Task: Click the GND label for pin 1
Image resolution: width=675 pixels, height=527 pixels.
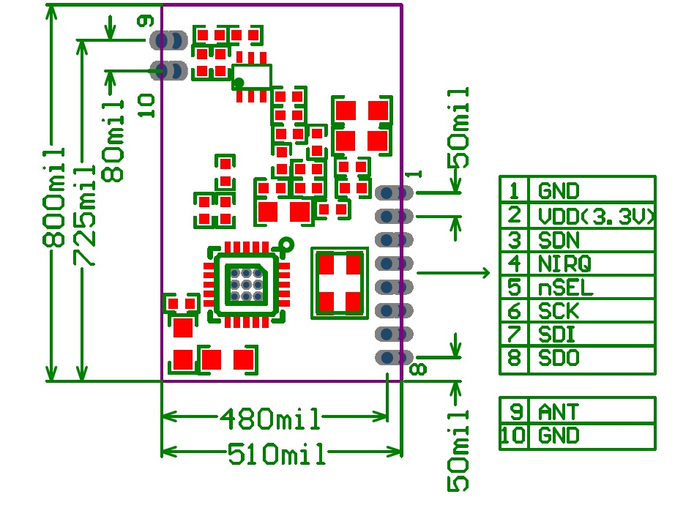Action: pyautogui.click(x=559, y=192)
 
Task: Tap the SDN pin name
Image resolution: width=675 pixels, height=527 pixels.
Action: pyautogui.click(x=559, y=240)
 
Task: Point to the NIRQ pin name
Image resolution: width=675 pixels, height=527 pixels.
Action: pyautogui.click(x=564, y=263)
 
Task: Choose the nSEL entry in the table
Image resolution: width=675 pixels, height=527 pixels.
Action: pyautogui.click(x=565, y=287)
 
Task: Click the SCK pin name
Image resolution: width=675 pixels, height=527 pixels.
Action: pyautogui.click(x=559, y=311)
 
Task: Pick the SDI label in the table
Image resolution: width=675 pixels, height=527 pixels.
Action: pyautogui.click(x=556, y=334)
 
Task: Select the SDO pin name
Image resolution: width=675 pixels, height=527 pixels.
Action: pyautogui.click(x=559, y=359)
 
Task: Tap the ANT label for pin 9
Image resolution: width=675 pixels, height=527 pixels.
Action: pyautogui.click(x=559, y=411)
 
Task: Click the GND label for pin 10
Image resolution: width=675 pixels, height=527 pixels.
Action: pyautogui.click(x=559, y=436)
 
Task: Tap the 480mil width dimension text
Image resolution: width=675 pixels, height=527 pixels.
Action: pyautogui.click(x=270, y=419)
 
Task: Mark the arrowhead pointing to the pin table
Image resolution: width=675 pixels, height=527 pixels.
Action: pyautogui.click(x=484, y=273)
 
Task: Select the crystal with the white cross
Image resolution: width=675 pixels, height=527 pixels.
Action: pyautogui.click(x=339, y=283)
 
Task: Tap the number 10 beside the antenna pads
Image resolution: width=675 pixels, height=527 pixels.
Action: pyautogui.click(x=146, y=105)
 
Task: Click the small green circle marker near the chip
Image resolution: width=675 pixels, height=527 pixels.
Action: pyautogui.click(x=286, y=244)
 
